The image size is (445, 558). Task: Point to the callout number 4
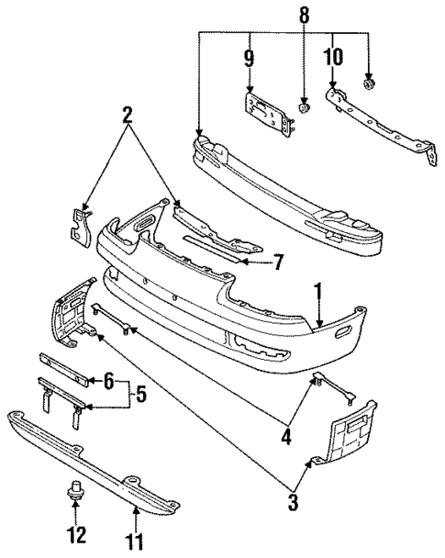[287, 438]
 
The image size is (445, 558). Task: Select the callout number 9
[249, 60]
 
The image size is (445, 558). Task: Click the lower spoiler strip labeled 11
[92, 459]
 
